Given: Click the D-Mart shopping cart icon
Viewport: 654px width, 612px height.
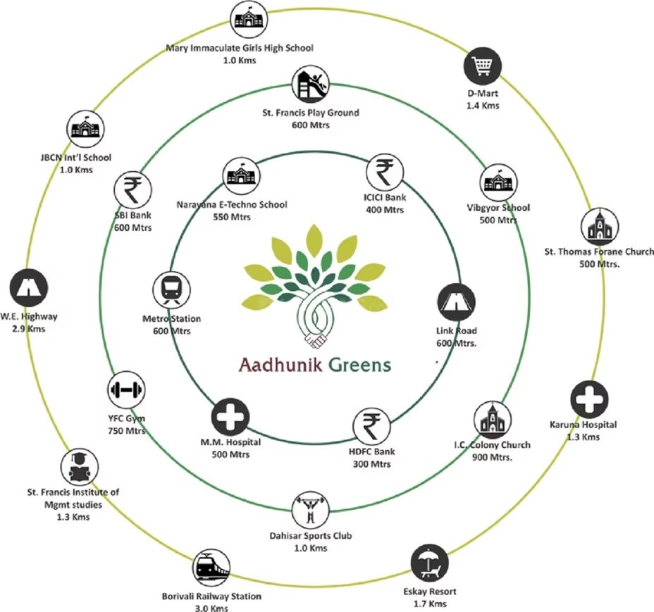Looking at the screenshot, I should click(x=482, y=69).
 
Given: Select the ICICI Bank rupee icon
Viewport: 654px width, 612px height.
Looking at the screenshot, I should click(x=383, y=172).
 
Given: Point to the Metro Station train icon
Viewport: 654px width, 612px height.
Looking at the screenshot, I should click(x=171, y=289).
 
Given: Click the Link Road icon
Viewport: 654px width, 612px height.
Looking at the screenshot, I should click(x=455, y=302).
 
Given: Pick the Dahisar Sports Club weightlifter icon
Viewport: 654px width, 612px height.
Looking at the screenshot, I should click(x=309, y=509).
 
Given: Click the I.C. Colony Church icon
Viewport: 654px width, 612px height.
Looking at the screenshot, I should click(x=491, y=419).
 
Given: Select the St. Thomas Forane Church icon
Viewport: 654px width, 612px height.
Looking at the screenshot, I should click(x=600, y=226).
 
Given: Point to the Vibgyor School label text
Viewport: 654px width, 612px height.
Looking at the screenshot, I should click(x=498, y=208).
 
